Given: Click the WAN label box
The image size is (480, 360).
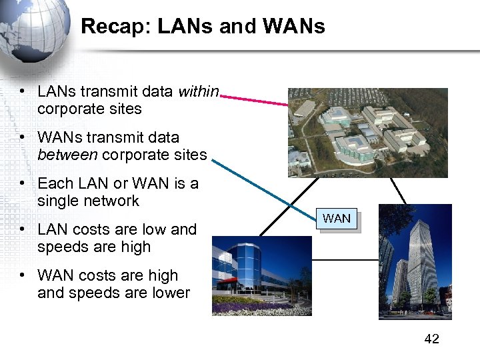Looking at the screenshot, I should [x=337, y=219].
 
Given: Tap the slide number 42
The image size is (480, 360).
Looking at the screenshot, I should [x=431, y=339].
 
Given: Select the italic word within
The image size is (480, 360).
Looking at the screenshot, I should [x=199, y=91].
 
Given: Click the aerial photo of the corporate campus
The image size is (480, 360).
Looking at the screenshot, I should [x=367, y=133].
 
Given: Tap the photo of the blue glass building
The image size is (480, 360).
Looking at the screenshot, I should [x=261, y=275].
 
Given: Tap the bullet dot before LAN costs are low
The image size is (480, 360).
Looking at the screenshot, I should [x=23, y=229].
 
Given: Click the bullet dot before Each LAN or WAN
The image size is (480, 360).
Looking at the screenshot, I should [x=23, y=183].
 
